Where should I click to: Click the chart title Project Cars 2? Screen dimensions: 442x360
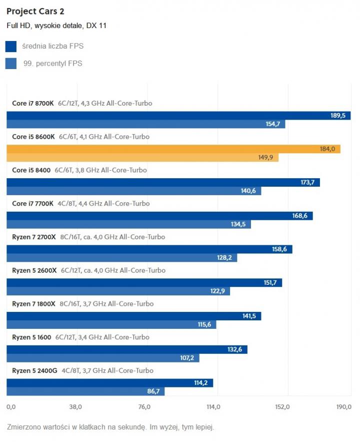35,11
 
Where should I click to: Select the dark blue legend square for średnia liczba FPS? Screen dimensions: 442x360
11,47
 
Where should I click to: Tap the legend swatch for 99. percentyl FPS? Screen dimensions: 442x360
11,64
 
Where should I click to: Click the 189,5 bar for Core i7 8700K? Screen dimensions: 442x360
178,116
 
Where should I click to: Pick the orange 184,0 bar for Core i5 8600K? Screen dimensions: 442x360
173,149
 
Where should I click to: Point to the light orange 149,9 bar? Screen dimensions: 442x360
142,158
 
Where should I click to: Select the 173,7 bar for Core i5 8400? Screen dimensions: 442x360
163,183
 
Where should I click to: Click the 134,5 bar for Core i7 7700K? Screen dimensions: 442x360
128,224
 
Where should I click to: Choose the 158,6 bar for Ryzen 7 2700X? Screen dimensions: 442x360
149,249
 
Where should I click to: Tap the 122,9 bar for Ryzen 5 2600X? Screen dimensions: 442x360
118,291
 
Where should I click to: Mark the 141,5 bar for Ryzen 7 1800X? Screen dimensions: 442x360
133,316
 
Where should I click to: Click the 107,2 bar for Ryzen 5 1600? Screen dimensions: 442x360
102,358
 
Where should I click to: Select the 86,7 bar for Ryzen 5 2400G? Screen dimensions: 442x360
85,391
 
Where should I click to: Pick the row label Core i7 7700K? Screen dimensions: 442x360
32,204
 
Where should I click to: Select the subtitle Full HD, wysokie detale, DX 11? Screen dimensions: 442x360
56,26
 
